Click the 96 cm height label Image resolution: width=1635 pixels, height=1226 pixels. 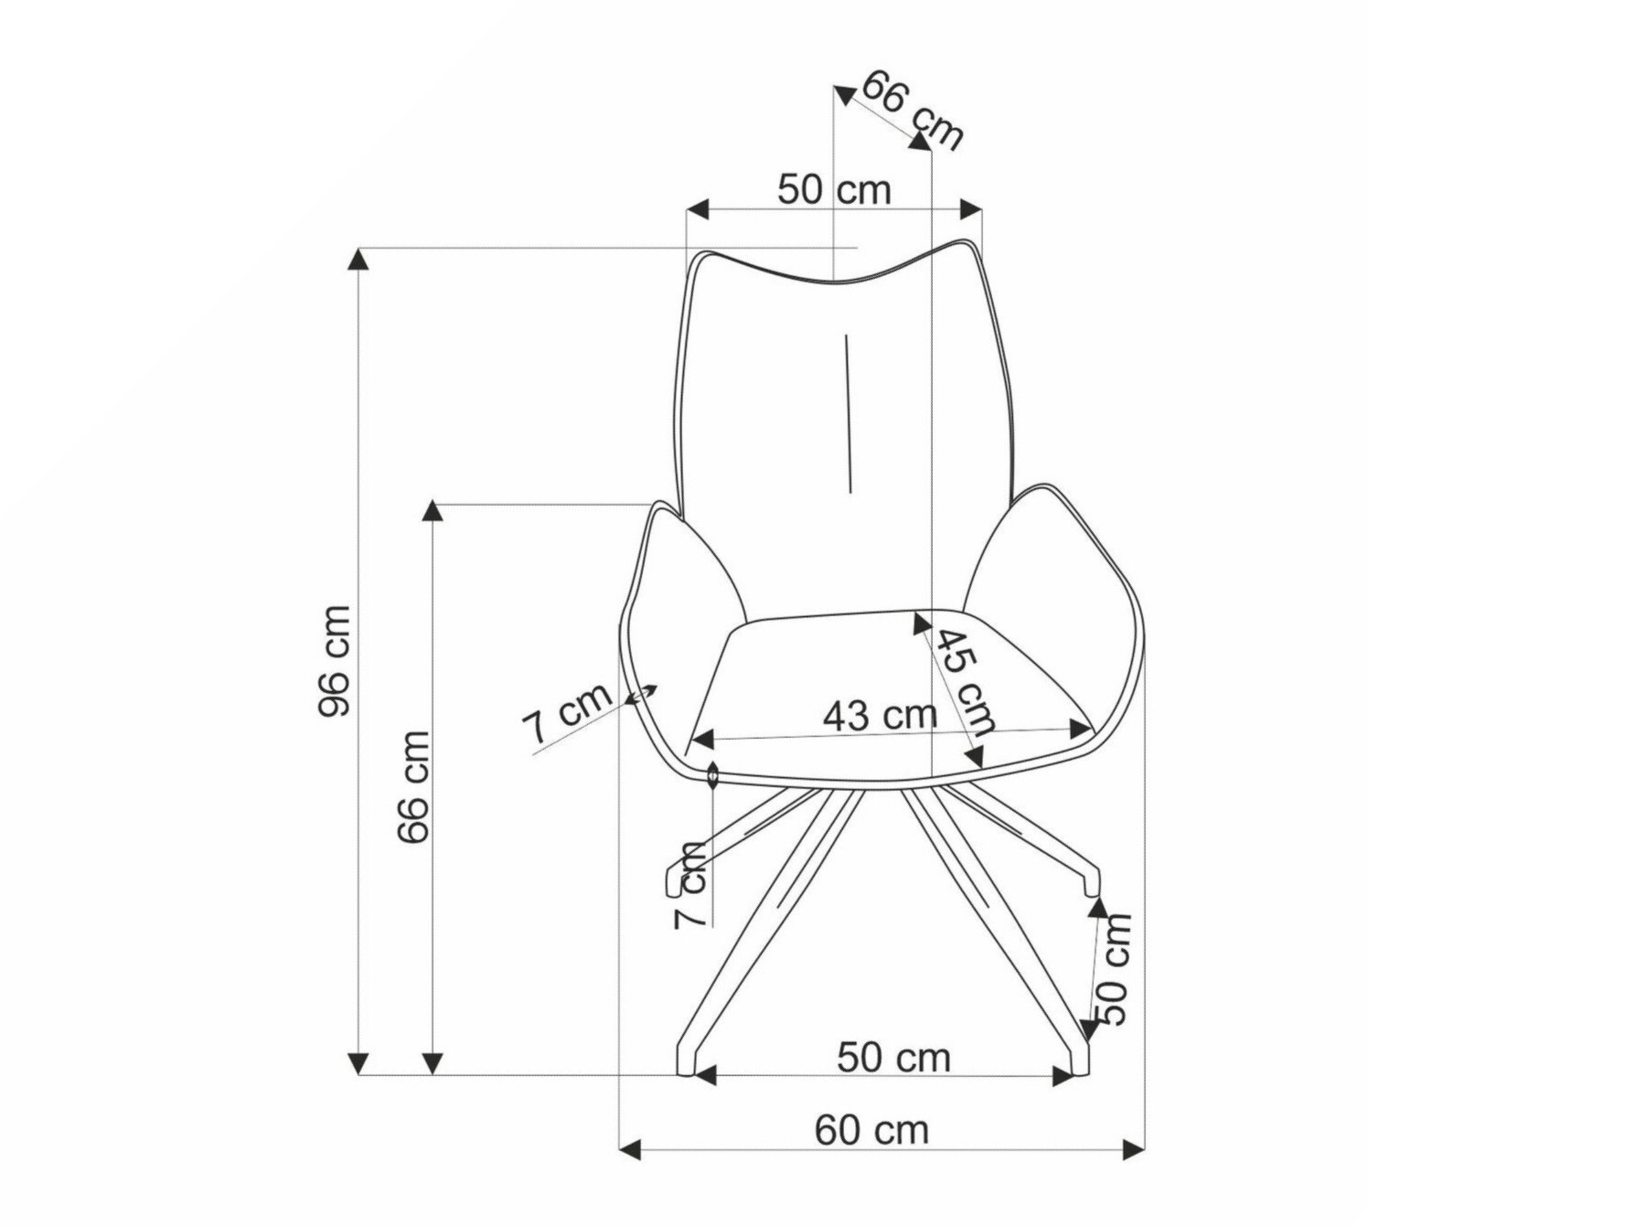point(335,660)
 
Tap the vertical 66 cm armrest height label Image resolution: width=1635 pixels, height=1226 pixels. point(413,786)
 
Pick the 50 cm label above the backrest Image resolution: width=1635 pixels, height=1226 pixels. point(834,190)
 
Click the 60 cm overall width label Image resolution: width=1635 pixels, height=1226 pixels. point(871,1131)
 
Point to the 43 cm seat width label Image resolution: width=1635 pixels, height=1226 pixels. point(880,715)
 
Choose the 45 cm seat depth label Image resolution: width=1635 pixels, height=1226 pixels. point(965,681)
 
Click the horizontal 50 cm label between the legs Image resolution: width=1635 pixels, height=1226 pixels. point(893,1058)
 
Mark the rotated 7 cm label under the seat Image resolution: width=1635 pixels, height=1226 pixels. point(692,885)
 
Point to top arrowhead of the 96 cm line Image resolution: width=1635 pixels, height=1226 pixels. point(358,259)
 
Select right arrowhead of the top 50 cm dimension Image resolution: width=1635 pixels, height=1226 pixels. point(971,208)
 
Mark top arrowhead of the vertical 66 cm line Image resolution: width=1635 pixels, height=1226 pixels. point(433,510)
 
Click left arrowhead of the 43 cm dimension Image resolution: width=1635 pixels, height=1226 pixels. point(700,740)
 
